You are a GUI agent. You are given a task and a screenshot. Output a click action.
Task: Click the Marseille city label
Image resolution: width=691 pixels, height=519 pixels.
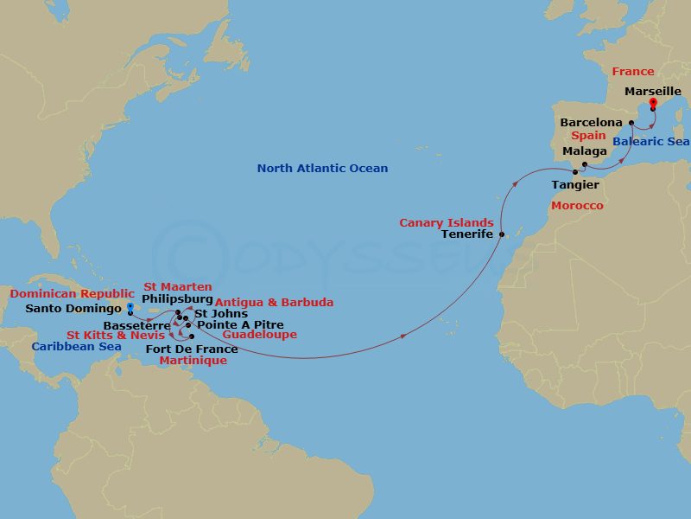click(653, 91)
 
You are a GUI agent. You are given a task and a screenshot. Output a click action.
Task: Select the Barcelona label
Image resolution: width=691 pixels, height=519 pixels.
click(591, 123)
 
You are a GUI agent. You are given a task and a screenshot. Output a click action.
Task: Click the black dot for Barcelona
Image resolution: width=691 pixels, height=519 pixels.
click(631, 123)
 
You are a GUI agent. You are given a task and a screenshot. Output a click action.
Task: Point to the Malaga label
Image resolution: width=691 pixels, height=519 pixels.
click(585, 151)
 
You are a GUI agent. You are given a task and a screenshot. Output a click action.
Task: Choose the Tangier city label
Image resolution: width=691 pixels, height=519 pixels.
click(575, 185)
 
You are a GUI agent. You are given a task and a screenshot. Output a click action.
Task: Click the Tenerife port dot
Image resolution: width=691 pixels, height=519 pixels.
click(502, 234)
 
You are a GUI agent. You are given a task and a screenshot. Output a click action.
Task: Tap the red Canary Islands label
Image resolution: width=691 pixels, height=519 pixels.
click(447, 222)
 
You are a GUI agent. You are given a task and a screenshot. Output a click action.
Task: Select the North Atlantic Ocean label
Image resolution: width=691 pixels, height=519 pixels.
click(322, 169)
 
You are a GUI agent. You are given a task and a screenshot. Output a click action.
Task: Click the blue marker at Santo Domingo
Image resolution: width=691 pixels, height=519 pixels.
click(130, 307)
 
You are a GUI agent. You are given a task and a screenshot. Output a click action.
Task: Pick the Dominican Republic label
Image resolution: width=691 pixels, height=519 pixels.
click(72, 294)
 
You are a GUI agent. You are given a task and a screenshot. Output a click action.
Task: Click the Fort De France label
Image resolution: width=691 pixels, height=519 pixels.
click(192, 349)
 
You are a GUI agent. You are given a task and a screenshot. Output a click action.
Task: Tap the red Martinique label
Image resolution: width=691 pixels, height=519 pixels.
click(187, 361)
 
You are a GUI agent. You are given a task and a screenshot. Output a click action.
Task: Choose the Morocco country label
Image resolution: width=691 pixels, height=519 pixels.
click(577, 206)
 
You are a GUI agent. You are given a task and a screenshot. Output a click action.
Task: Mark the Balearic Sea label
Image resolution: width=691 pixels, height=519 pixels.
click(650, 142)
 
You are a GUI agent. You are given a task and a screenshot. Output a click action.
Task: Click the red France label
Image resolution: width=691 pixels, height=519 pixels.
click(633, 72)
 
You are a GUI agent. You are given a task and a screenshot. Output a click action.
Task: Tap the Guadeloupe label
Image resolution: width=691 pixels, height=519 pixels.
click(259, 335)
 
